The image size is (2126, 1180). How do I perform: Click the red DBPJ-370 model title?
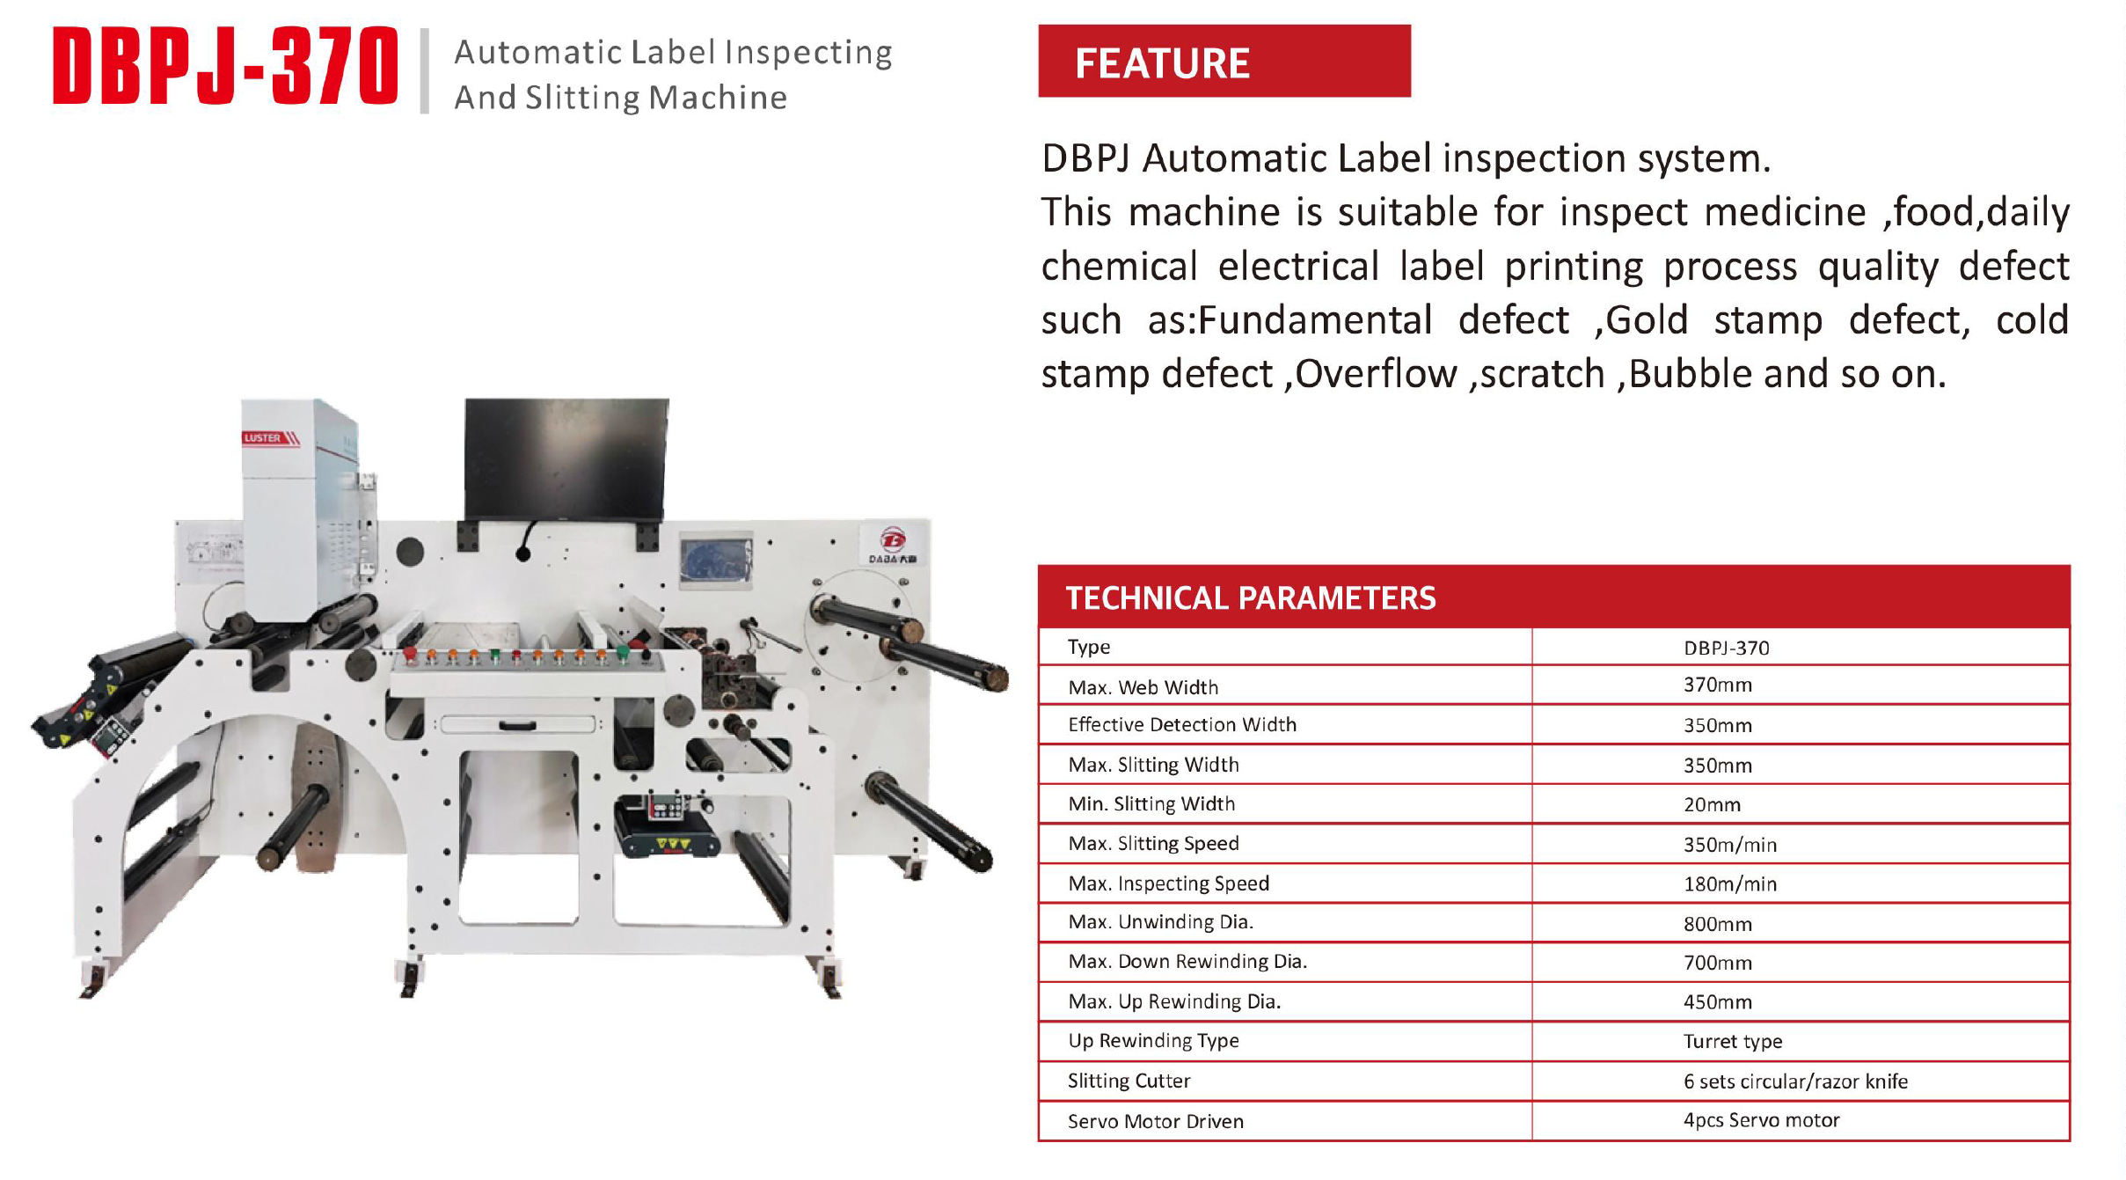click(x=225, y=66)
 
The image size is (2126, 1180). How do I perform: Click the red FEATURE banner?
click(x=1224, y=61)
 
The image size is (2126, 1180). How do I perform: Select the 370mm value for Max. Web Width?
click(x=1717, y=685)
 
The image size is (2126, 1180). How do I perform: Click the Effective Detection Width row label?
click(x=1181, y=724)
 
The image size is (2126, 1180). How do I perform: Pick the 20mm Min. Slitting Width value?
click(x=1712, y=804)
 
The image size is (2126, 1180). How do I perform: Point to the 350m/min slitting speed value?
click(x=1729, y=845)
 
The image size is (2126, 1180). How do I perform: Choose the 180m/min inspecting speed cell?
click(x=1729, y=883)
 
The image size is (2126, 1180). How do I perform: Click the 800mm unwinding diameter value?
click(x=1717, y=924)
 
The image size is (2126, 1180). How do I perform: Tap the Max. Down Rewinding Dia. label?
click(x=1187, y=961)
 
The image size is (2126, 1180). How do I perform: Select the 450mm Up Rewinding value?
click(x=1717, y=1001)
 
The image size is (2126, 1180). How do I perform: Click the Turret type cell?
click(x=1732, y=1042)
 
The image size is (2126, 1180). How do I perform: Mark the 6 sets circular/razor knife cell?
click(x=1795, y=1081)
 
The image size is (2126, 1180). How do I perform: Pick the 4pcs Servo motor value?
click(x=1761, y=1120)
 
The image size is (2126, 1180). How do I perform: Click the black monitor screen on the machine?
click(x=566, y=458)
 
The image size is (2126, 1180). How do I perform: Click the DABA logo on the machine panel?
click(x=892, y=546)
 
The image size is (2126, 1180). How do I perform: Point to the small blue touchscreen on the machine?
click(x=716, y=560)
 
